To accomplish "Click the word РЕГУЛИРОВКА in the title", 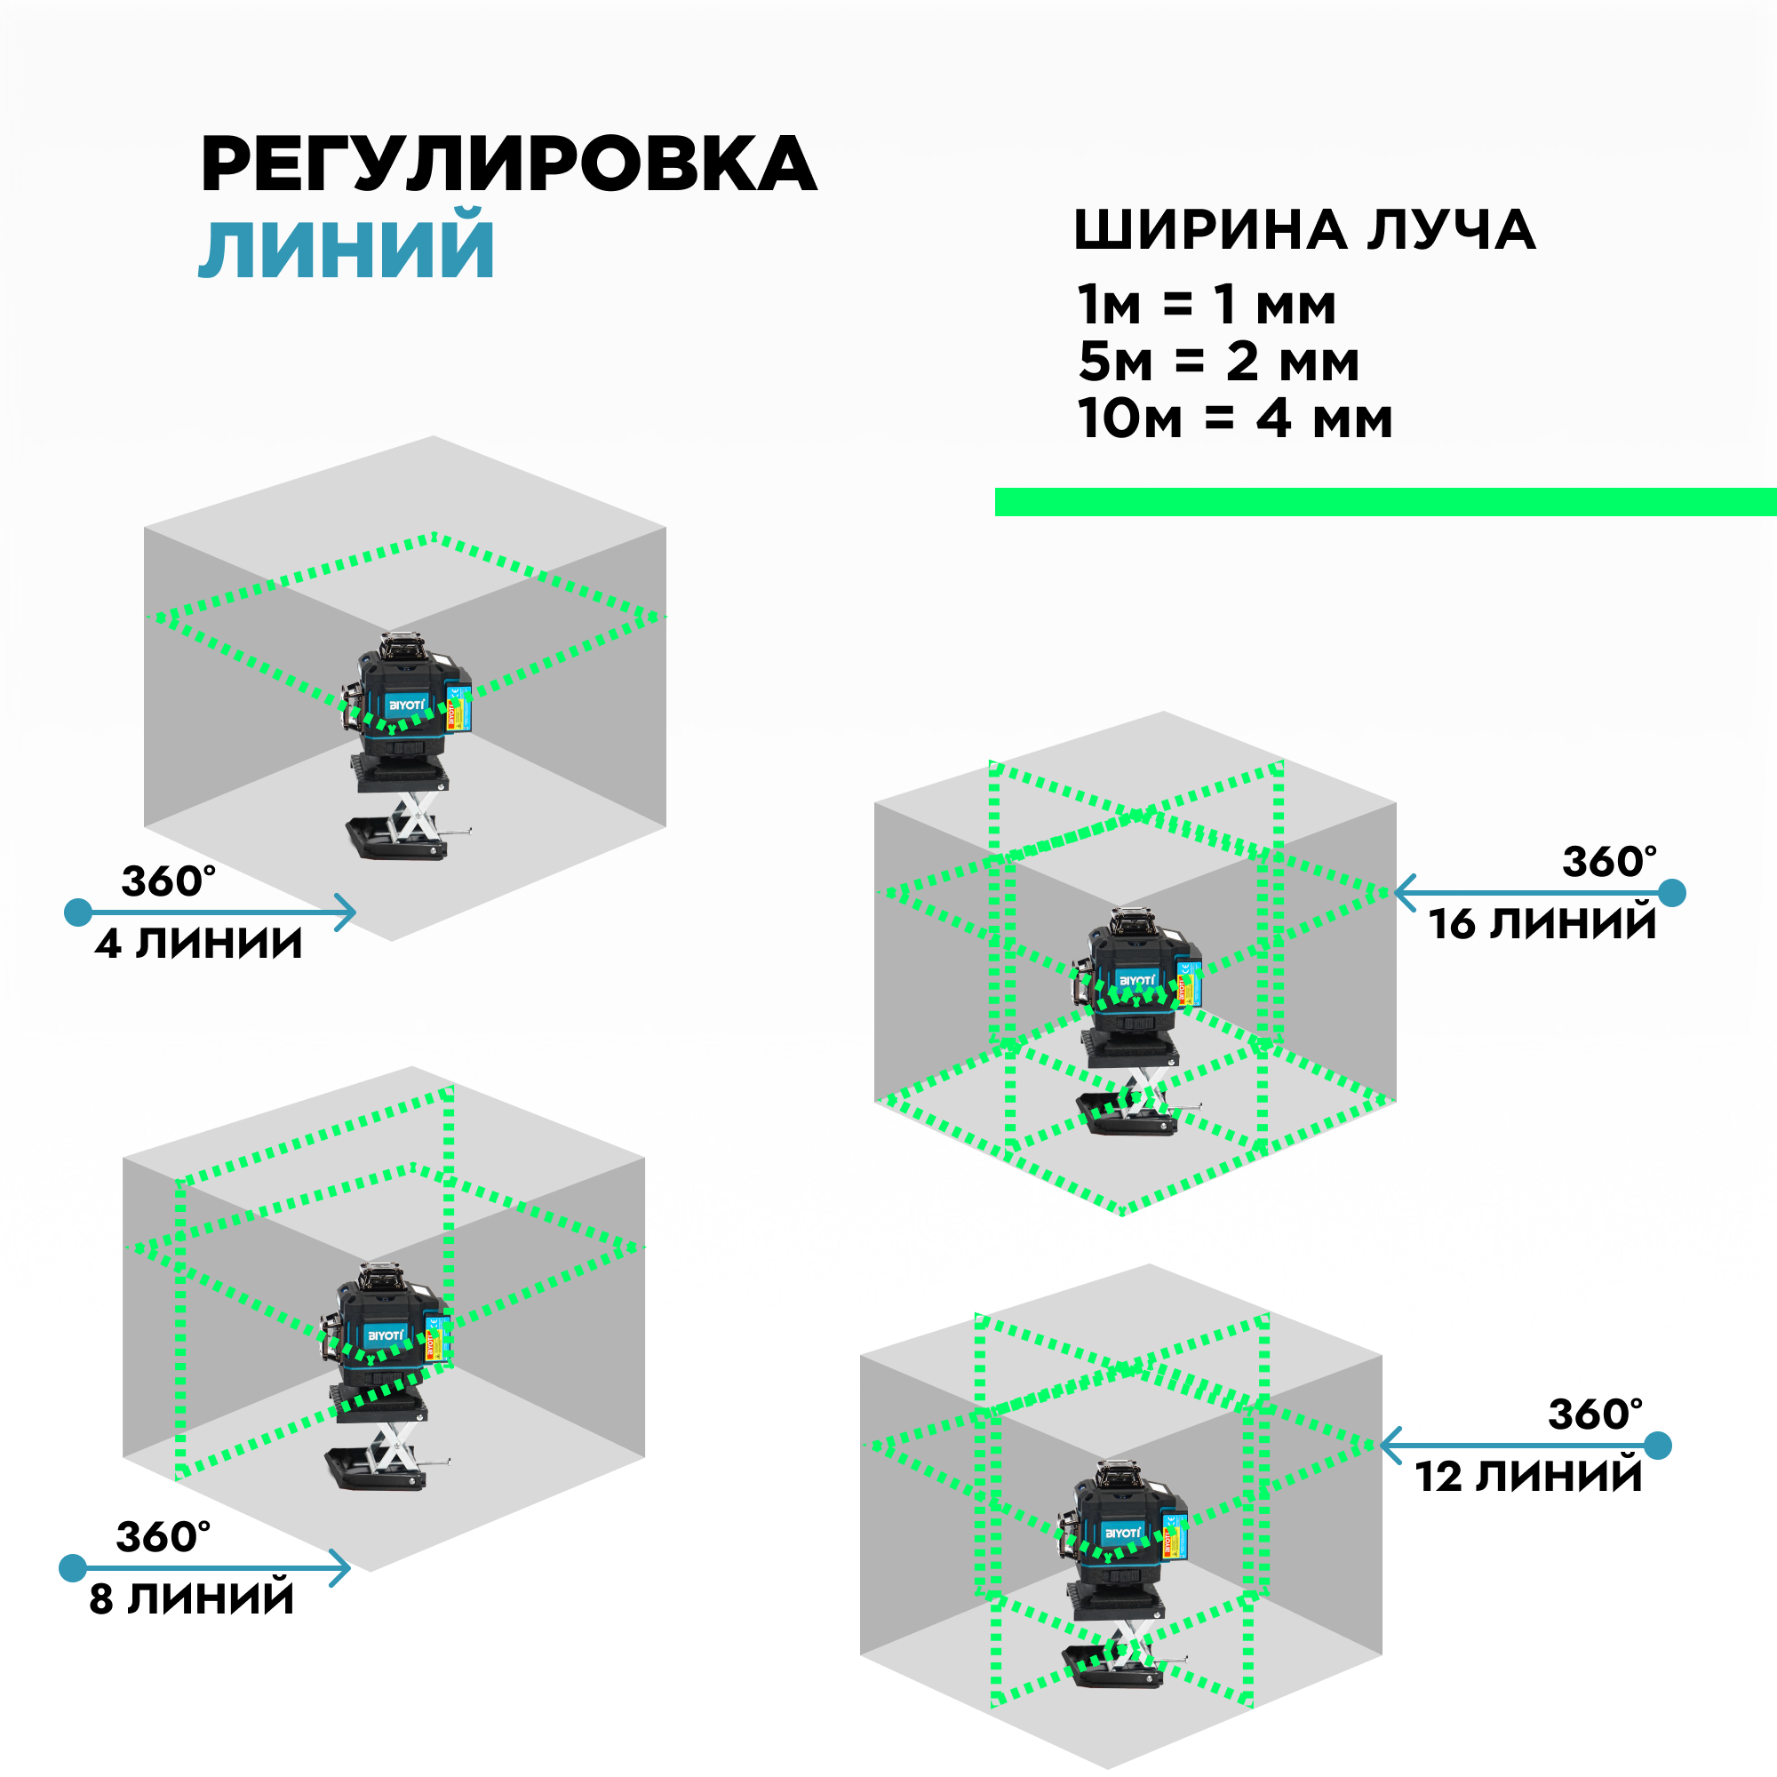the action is coord(507,163).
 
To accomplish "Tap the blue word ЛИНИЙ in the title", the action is coord(347,249).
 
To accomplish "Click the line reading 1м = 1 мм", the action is coord(1206,305).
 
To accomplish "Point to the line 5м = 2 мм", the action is coord(1218,362).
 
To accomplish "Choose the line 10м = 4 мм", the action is coord(1234,418).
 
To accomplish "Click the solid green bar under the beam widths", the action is coord(1384,501).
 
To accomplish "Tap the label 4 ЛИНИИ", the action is coord(199,944).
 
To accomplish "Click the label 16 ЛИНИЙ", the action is coord(1542,923).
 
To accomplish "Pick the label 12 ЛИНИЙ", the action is coord(1527,1476).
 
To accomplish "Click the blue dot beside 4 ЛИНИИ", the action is coord(78,912).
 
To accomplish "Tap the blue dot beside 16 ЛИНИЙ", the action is coord(1672,892).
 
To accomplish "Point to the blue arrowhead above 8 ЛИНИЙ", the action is coord(341,1568).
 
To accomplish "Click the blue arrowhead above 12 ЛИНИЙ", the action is coord(1391,1445).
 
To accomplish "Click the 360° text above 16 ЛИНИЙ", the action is coord(1610,863).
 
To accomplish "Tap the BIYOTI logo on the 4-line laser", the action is coord(407,705).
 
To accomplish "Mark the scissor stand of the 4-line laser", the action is coord(411,816).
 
